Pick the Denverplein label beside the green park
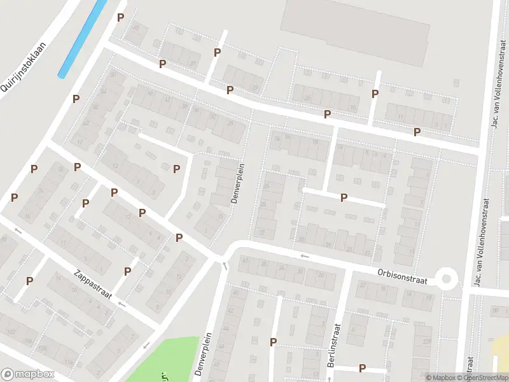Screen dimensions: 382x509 [202, 354]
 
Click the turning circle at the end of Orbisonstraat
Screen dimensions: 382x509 [447, 278]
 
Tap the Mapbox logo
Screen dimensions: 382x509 [28, 374]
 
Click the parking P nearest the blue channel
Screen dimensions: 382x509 [120, 17]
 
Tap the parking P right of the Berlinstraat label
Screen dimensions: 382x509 [362, 367]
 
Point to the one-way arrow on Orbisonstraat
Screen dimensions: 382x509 [305, 256]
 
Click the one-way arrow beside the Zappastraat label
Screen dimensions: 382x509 [122, 304]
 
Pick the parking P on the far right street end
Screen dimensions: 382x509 [417, 132]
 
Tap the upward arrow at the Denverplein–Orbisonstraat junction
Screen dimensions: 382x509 [224, 265]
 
